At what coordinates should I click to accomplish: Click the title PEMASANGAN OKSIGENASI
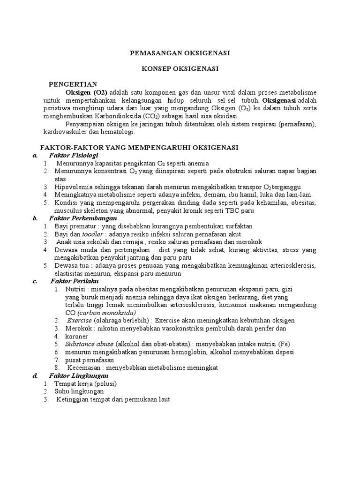pyautogui.click(x=180, y=53)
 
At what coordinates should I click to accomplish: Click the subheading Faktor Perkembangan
pyautogui.click(x=82, y=218)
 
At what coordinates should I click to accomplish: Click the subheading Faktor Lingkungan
pyautogui.click(x=79, y=376)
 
